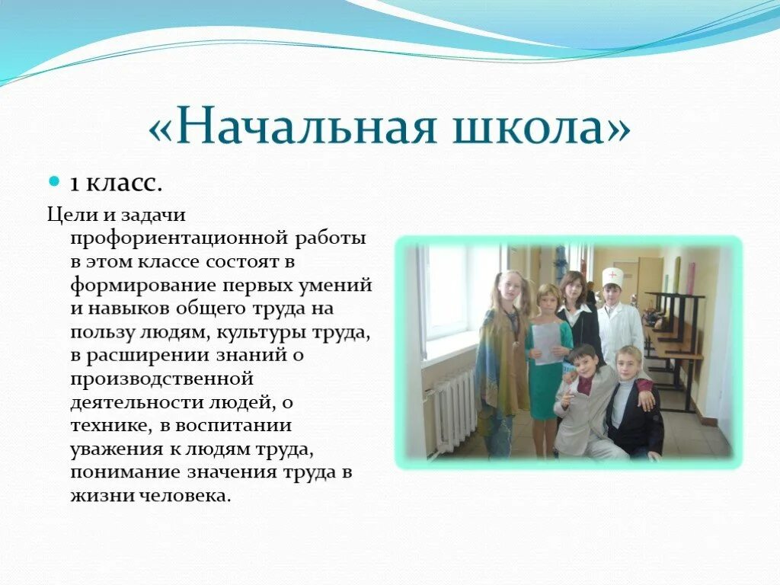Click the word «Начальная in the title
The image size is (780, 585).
(x=292, y=127)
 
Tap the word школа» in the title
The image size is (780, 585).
(x=542, y=127)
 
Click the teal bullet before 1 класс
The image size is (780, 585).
(x=54, y=181)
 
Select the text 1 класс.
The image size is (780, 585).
(x=116, y=184)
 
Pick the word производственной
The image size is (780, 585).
(x=161, y=379)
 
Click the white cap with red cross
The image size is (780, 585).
(x=612, y=277)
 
